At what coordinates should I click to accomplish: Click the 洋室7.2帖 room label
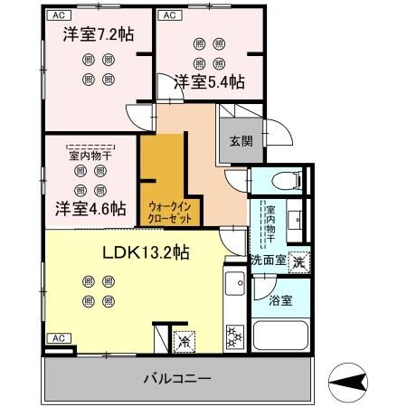(x=98, y=35)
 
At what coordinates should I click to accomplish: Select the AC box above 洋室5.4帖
(x=169, y=15)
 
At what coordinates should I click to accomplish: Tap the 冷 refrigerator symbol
(x=184, y=342)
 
